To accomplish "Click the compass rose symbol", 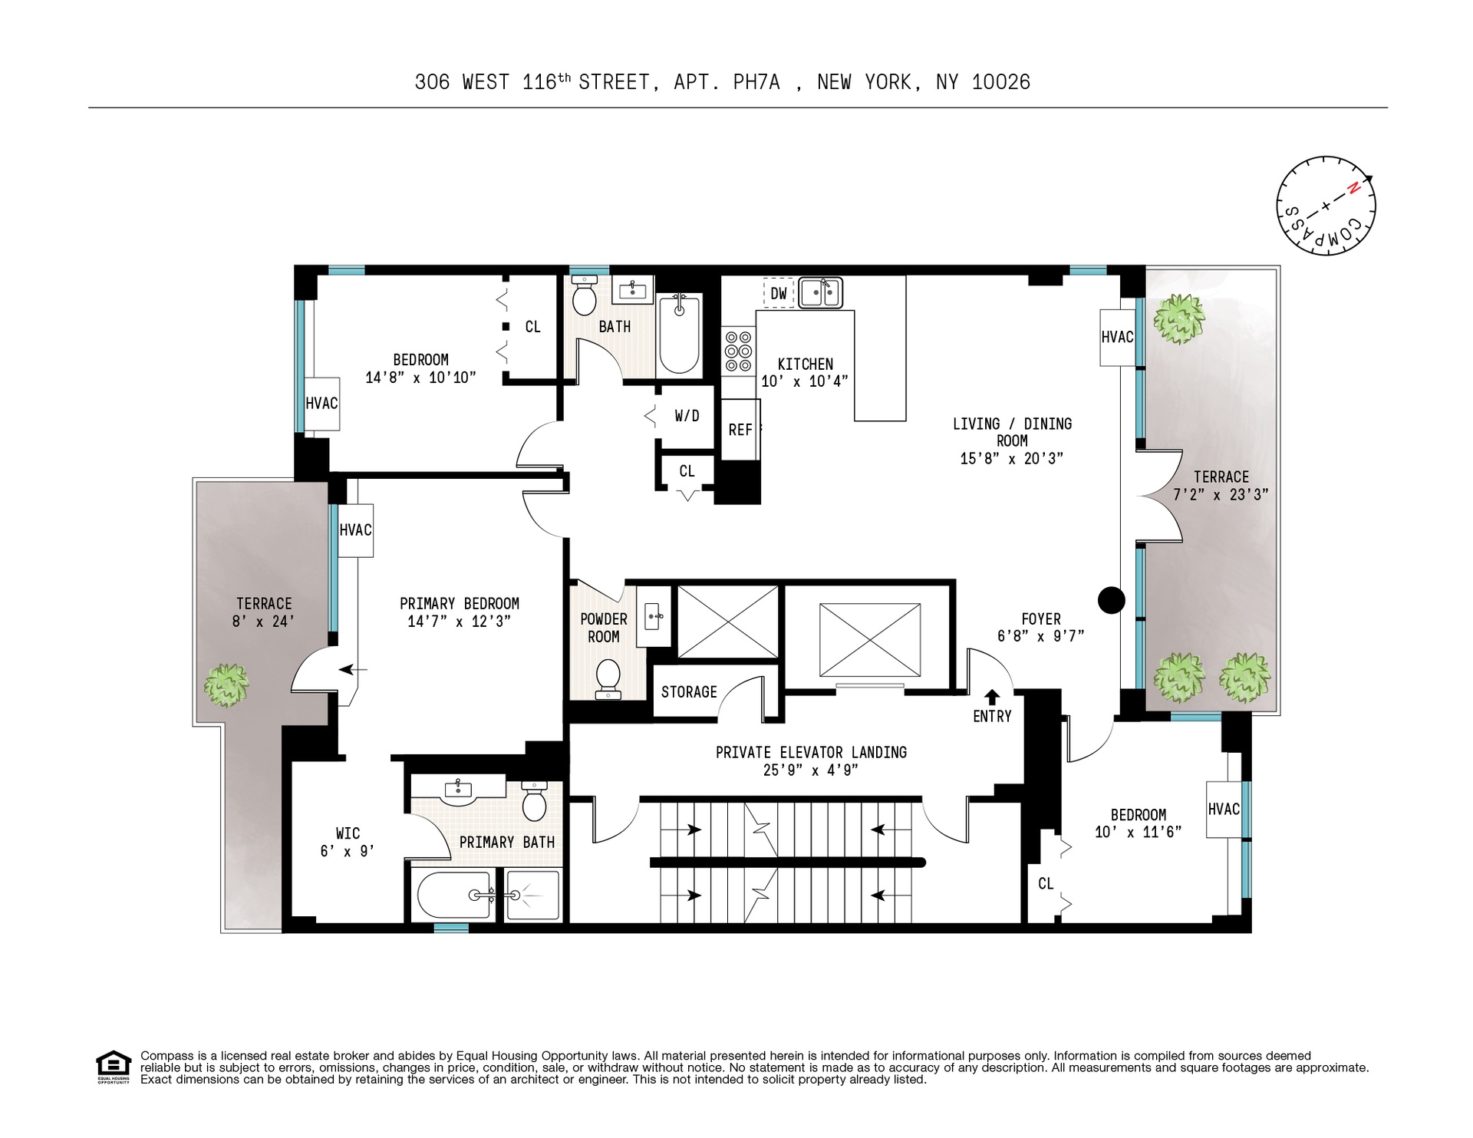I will pyautogui.click(x=1326, y=206).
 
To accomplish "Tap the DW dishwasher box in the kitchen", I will pyautogui.click(x=778, y=293).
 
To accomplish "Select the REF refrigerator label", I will pyautogui.click(x=740, y=430).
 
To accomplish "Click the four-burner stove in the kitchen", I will pyautogui.click(x=738, y=351).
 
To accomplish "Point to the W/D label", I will pyautogui.click(x=687, y=416).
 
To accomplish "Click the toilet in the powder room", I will pyautogui.click(x=608, y=678).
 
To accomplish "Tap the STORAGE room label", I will pyautogui.click(x=689, y=692).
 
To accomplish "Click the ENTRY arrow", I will pyautogui.click(x=992, y=697).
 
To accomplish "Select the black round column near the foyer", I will pyautogui.click(x=1112, y=600).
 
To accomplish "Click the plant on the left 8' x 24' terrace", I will pyautogui.click(x=226, y=684).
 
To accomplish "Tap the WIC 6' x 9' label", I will pyautogui.click(x=347, y=842).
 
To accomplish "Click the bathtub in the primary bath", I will pyautogui.click(x=454, y=896).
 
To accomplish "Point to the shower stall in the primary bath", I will pyautogui.click(x=532, y=896).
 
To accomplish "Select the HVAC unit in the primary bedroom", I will pyautogui.click(x=356, y=530).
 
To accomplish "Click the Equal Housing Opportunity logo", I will pyautogui.click(x=114, y=1067).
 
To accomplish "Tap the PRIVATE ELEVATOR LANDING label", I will pyautogui.click(x=811, y=753).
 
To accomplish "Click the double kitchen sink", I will pyautogui.click(x=819, y=293).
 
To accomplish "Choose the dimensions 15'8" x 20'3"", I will pyautogui.click(x=1011, y=459).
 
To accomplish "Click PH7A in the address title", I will pyautogui.click(x=756, y=83).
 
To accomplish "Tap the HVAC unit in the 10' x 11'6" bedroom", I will pyautogui.click(x=1224, y=810).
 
